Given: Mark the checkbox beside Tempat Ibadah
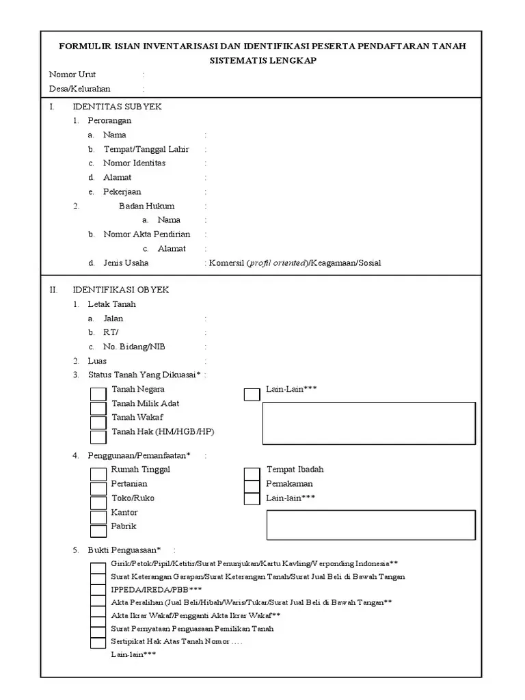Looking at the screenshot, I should click(252, 474).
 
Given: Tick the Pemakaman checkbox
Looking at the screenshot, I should click(252, 486).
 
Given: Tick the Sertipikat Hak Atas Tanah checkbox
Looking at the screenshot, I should click(98, 642).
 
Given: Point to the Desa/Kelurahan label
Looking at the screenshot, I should click(80, 89).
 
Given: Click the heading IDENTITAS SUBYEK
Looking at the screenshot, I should click(117, 107).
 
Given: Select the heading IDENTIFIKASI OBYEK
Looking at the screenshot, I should click(120, 290).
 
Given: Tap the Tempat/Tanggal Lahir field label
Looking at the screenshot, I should click(146, 149).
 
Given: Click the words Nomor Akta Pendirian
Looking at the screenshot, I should click(146, 234).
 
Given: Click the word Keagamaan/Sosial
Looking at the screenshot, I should click(346, 263).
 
